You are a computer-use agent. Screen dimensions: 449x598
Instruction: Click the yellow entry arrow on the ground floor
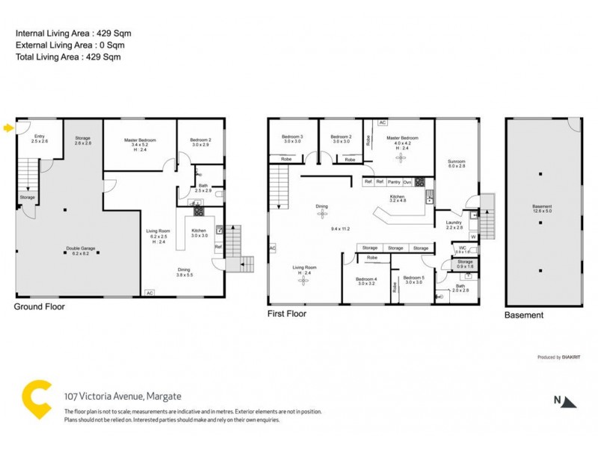8,128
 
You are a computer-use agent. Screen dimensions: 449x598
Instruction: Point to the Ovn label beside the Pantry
407,182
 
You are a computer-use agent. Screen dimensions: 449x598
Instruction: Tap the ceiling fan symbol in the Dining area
322,215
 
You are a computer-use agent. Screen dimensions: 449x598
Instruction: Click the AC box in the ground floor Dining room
149,293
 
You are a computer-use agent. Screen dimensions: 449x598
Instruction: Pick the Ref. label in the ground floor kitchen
218,246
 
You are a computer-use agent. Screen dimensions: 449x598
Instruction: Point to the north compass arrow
570,402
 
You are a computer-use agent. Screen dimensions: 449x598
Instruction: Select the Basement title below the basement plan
524,315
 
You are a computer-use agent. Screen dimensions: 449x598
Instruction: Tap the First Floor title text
287,314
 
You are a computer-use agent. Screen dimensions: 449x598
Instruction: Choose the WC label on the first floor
463,248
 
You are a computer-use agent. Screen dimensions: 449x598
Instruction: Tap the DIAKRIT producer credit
571,358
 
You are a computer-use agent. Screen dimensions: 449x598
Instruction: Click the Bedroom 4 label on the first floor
366,280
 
